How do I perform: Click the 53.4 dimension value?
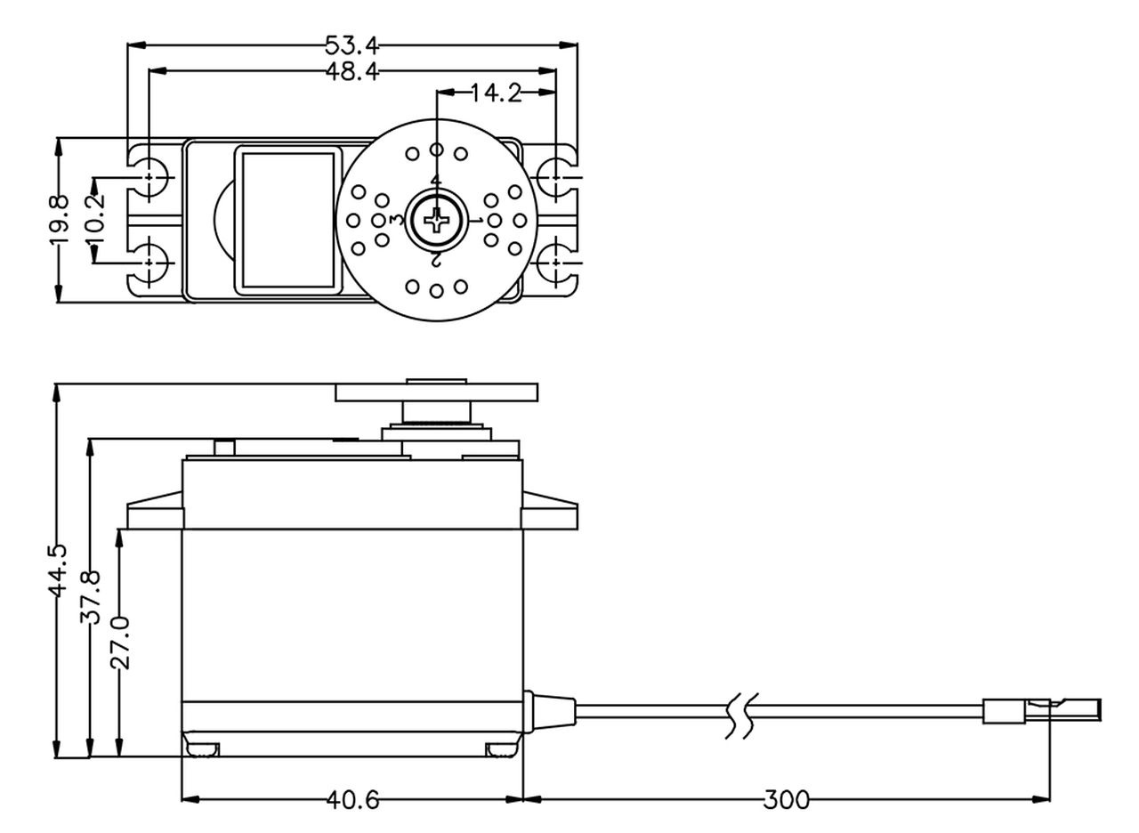point(351,45)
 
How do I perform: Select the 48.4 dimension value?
point(351,71)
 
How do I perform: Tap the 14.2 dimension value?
point(497,93)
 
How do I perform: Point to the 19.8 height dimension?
point(59,220)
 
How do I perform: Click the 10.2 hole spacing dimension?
point(95,219)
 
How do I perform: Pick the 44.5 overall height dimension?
point(58,570)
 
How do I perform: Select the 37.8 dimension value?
point(91,596)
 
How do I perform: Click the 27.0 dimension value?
point(120,643)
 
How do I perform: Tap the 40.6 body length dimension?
point(352,800)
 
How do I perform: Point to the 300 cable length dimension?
point(786,800)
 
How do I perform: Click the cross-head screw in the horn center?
point(436,220)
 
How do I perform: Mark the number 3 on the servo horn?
point(398,220)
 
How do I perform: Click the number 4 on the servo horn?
point(436,180)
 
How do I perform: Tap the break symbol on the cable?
point(742,716)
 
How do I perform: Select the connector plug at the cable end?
point(1042,711)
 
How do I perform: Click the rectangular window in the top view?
point(288,220)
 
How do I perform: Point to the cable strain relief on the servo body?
point(549,711)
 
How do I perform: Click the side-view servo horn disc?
point(436,392)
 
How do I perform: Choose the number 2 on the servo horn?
point(436,259)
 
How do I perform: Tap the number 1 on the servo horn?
point(476,220)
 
